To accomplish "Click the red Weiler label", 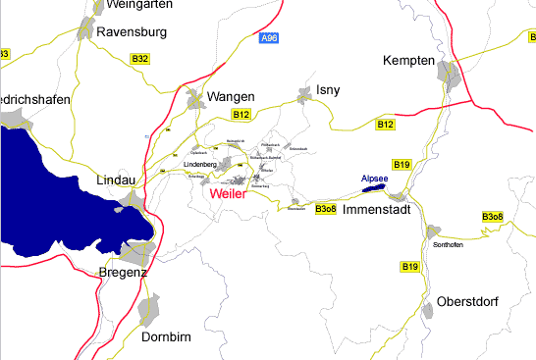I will [x=228, y=195].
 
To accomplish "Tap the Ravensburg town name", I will [x=132, y=32].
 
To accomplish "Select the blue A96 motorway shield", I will [x=269, y=38].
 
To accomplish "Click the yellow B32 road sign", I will [x=140, y=60].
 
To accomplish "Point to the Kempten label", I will [x=407, y=62].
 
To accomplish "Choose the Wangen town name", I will [x=231, y=97].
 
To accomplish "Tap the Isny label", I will [x=329, y=90].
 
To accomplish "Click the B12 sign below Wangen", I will [x=241, y=116].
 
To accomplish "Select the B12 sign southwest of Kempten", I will [x=386, y=125].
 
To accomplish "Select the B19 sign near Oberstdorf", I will [x=409, y=267].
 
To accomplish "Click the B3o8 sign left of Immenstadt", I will [x=326, y=209].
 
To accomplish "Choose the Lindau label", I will [x=121, y=181].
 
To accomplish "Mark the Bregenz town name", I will [x=123, y=273].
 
